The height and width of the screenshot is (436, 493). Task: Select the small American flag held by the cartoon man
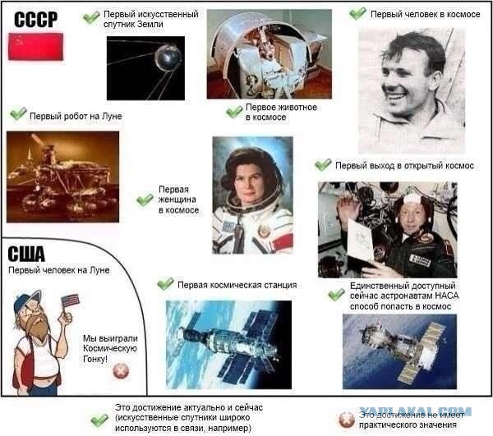tap(71, 301)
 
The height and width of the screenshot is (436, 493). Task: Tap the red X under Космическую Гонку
tap(121, 370)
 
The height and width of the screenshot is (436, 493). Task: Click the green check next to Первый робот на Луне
tap(17, 115)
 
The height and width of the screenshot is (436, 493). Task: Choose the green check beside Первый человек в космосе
tap(357, 14)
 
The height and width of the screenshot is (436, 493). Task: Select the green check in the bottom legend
tap(99, 420)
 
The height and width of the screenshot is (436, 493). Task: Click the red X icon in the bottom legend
tap(346, 419)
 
